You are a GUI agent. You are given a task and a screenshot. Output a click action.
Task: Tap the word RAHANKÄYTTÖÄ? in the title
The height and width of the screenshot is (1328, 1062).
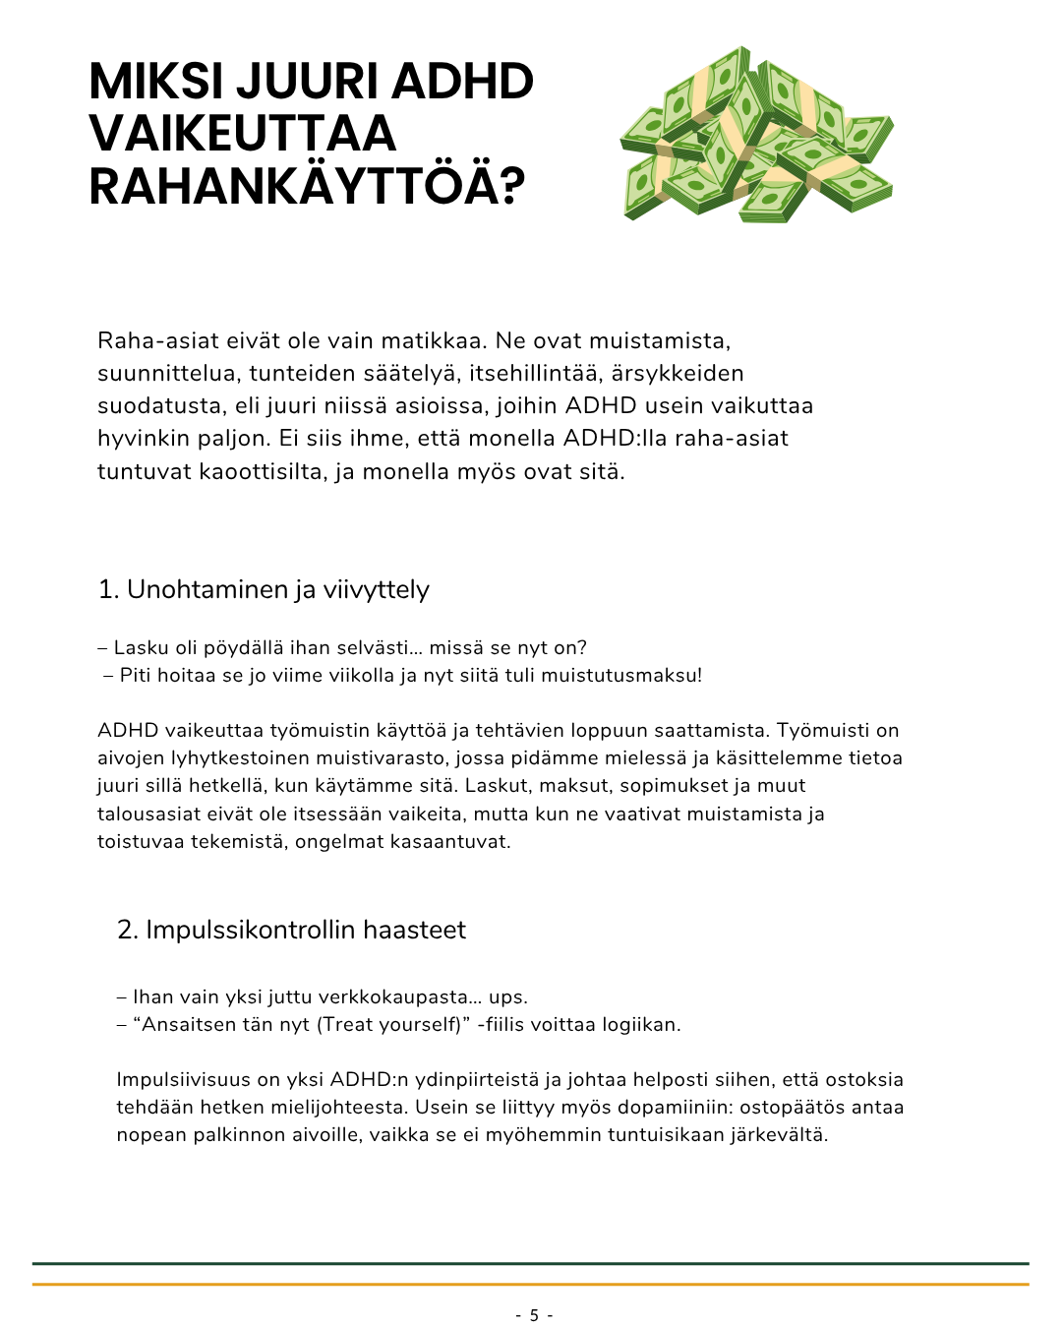point(307,186)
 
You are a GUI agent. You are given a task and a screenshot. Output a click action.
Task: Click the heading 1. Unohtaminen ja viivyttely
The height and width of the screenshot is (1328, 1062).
point(264,589)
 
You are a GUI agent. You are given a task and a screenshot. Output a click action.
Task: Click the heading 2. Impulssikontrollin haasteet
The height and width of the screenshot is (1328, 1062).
point(291,930)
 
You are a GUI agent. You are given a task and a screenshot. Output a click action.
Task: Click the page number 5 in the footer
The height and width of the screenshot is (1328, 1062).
point(534,1315)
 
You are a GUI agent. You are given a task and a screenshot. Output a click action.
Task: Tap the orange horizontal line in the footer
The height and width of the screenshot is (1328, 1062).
point(531,1284)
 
